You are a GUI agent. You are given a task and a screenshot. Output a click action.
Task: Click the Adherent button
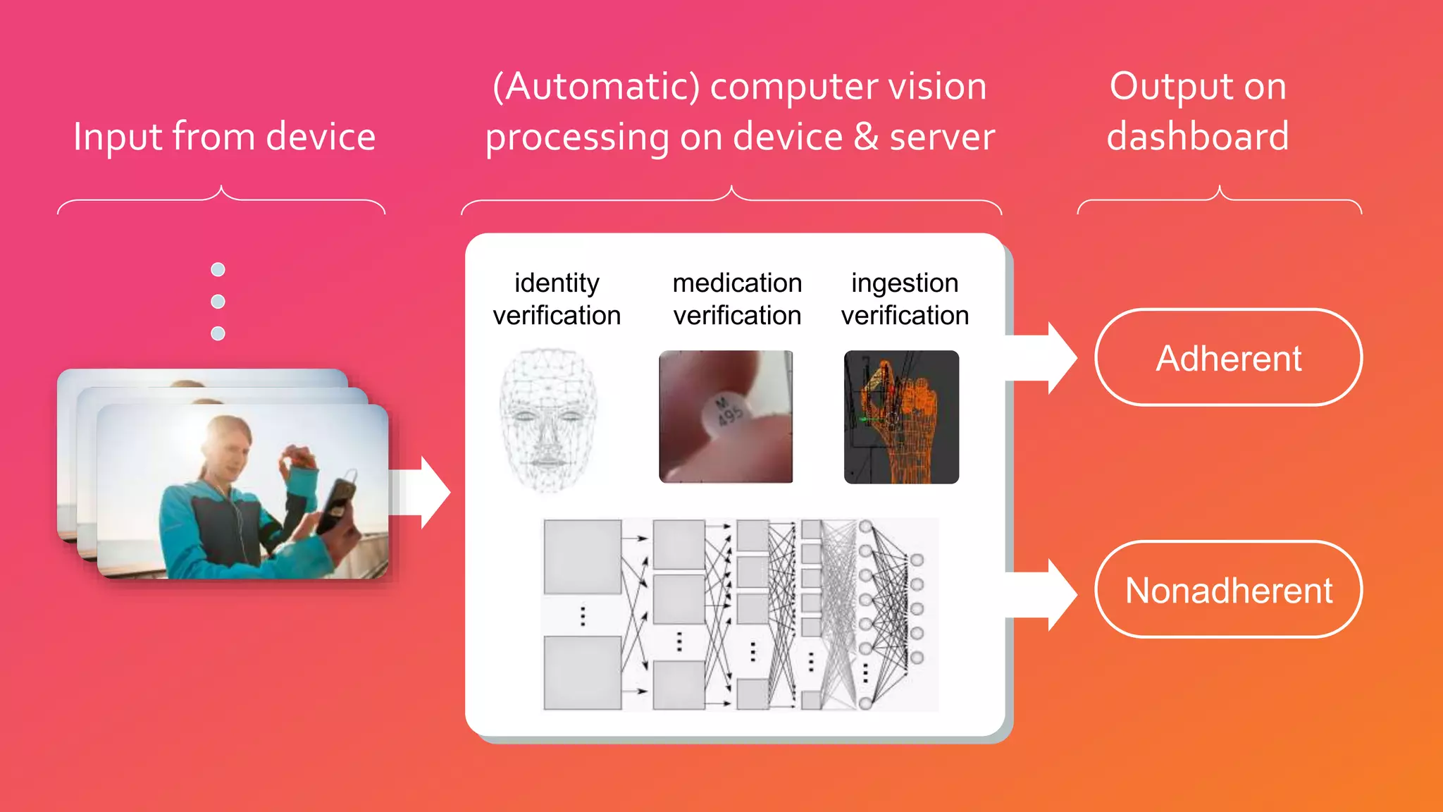[1228, 358]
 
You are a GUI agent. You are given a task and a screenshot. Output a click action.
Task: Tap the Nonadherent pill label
[1228, 590]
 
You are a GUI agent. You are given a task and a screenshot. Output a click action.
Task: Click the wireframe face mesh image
[548, 419]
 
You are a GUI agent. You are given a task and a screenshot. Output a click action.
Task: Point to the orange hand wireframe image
[901, 417]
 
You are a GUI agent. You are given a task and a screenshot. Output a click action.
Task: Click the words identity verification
[557, 299]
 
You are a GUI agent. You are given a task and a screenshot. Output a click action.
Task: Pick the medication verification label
[737, 299]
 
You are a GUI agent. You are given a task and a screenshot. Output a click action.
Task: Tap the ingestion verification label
[905, 299]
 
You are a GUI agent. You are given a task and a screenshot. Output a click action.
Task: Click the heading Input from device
[224, 136]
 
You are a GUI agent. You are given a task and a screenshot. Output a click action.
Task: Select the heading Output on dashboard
[1198, 111]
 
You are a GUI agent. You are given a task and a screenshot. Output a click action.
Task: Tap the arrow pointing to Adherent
[1043, 358]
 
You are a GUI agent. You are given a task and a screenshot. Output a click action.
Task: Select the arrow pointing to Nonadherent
[1043, 595]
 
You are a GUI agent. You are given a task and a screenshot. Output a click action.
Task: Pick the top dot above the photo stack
[218, 269]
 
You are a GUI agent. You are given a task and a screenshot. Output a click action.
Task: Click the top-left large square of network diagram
[582, 557]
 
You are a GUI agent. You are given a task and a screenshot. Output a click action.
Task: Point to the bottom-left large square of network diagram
[582, 672]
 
